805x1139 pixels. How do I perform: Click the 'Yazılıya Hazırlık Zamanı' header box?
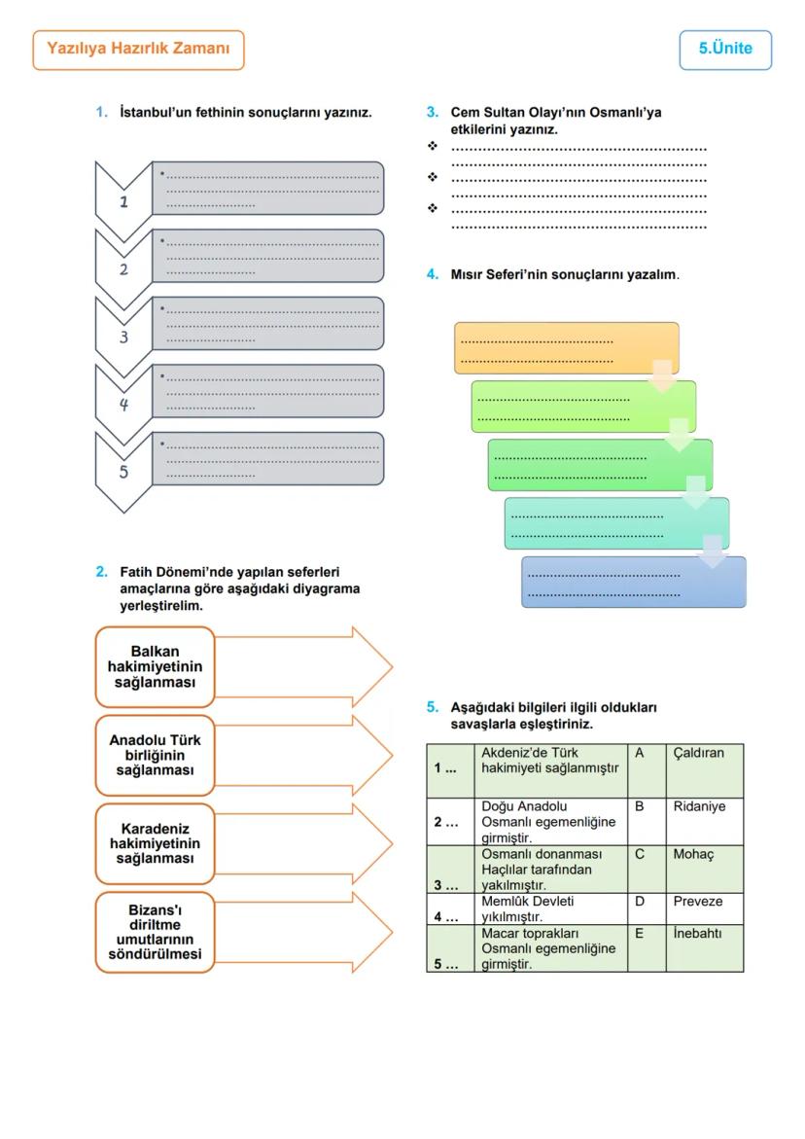tap(138, 50)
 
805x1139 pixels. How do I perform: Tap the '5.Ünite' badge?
tap(725, 50)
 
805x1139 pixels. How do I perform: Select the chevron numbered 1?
tap(123, 200)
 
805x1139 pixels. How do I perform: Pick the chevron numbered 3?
tap(123, 337)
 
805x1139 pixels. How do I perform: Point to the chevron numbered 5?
tap(123, 472)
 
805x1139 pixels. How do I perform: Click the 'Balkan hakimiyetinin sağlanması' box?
tap(155, 667)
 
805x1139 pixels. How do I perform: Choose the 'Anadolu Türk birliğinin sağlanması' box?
tap(155, 755)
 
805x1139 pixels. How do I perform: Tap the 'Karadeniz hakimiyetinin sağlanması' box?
tap(155, 843)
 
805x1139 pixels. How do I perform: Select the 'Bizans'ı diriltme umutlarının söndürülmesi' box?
tap(155, 932)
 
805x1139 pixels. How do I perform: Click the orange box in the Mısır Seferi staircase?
tap(566, 348)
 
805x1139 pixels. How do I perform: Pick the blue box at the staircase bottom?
tap(633, 582)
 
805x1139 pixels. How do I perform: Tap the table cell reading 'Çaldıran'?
tap(704, 770)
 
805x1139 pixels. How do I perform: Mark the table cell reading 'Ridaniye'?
tap(704, 821)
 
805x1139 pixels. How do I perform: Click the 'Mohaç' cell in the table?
tap(704, 869)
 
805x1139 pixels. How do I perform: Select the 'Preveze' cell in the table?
tap(704, 908)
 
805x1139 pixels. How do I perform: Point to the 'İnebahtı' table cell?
tap(704, 947)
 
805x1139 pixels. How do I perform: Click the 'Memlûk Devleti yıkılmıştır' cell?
tap(552, 908)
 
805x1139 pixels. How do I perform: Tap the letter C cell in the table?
tap(647, 869)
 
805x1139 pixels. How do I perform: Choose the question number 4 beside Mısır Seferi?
tap(433, 275)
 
